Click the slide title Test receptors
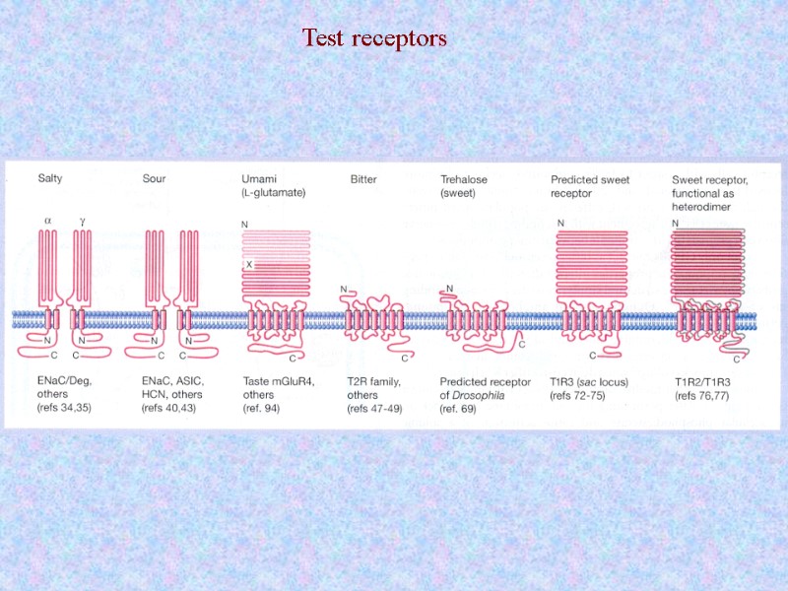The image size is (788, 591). pyautogui.click(x=374, y=38)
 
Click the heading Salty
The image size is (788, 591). pyautogui.click(x=51, y=178)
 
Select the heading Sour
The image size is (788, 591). pyautogui.click(x=155, y=178)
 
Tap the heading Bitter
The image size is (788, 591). pyautogui.click(x=364, y=178)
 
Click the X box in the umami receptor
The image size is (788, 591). pyautogui.click(x=249, y=265)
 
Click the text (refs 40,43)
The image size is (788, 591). pyautogui.click(x=172, y=407)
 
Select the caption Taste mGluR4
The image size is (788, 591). pyautogui.click(x=278, y=379)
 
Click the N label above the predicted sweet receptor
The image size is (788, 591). pyautogui.click(x=560, y=224)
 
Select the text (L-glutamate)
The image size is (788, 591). pyautogui.click(x=274, y=192)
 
